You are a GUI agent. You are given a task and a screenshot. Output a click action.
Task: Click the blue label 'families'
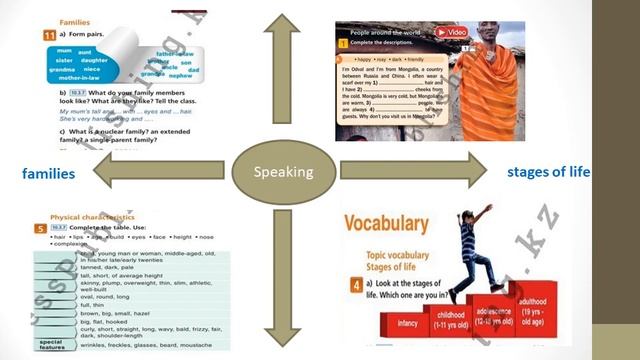click(49, 174)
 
